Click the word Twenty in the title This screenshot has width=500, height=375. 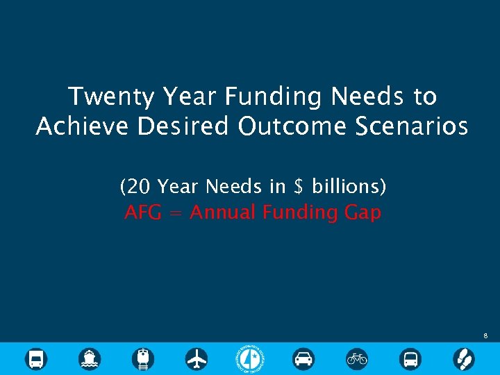click(111, 97)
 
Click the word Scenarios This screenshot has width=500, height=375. click(410, 127)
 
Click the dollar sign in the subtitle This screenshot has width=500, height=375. click(299, 187)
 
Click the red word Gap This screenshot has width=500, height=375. click(362, 212)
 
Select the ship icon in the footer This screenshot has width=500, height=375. click(90, 359)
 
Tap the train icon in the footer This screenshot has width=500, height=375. click(143, 359)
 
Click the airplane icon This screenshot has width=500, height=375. click(197, 359)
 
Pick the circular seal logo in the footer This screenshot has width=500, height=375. click(250, 358)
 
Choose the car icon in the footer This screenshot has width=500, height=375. click(303, 359)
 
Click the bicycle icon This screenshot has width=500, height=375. click(357, 359)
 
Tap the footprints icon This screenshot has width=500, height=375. click(464, 359)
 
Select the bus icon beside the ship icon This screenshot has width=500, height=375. click(36, 359)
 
